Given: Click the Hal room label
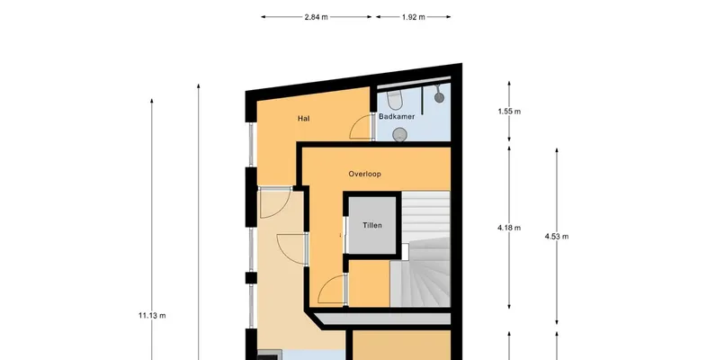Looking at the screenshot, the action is pos(303,119).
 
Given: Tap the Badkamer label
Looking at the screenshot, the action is pos(397,116).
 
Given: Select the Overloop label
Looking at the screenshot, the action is pos(365,174).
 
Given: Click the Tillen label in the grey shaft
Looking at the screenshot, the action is pos(372,225).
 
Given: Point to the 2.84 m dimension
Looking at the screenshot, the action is pos(316,17).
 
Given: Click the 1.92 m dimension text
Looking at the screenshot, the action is pos(414,17).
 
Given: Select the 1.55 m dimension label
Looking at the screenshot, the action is pos(509,112).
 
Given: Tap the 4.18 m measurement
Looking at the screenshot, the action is pos(509,228).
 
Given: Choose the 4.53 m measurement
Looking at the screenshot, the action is pos(557,237).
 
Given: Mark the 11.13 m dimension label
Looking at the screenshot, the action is pos(152,315).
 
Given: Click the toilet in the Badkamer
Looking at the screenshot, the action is pos(395,100).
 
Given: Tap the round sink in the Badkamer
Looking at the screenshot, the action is pos(399,134).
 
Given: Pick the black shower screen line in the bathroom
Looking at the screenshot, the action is pos(423,99).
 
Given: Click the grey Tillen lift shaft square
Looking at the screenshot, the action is pos(372,225).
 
